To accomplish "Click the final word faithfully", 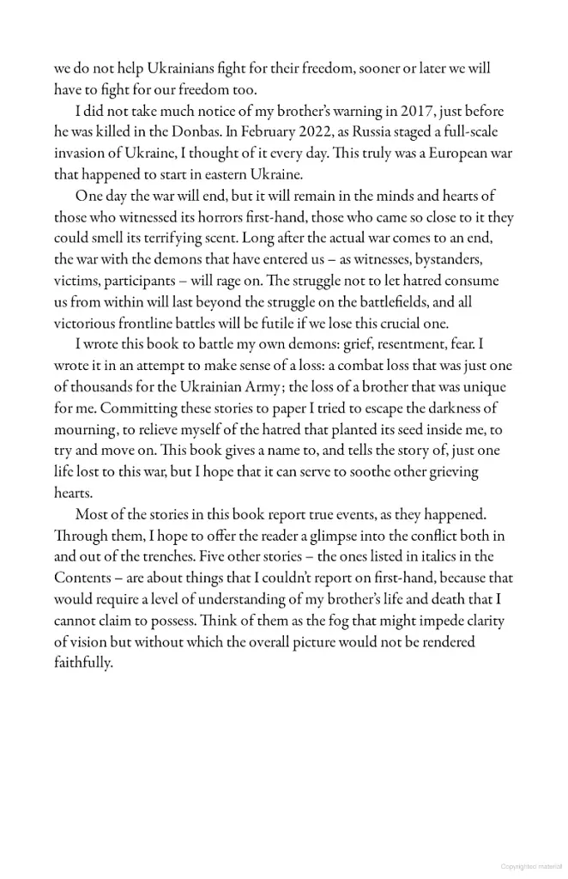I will pos(83,663).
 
